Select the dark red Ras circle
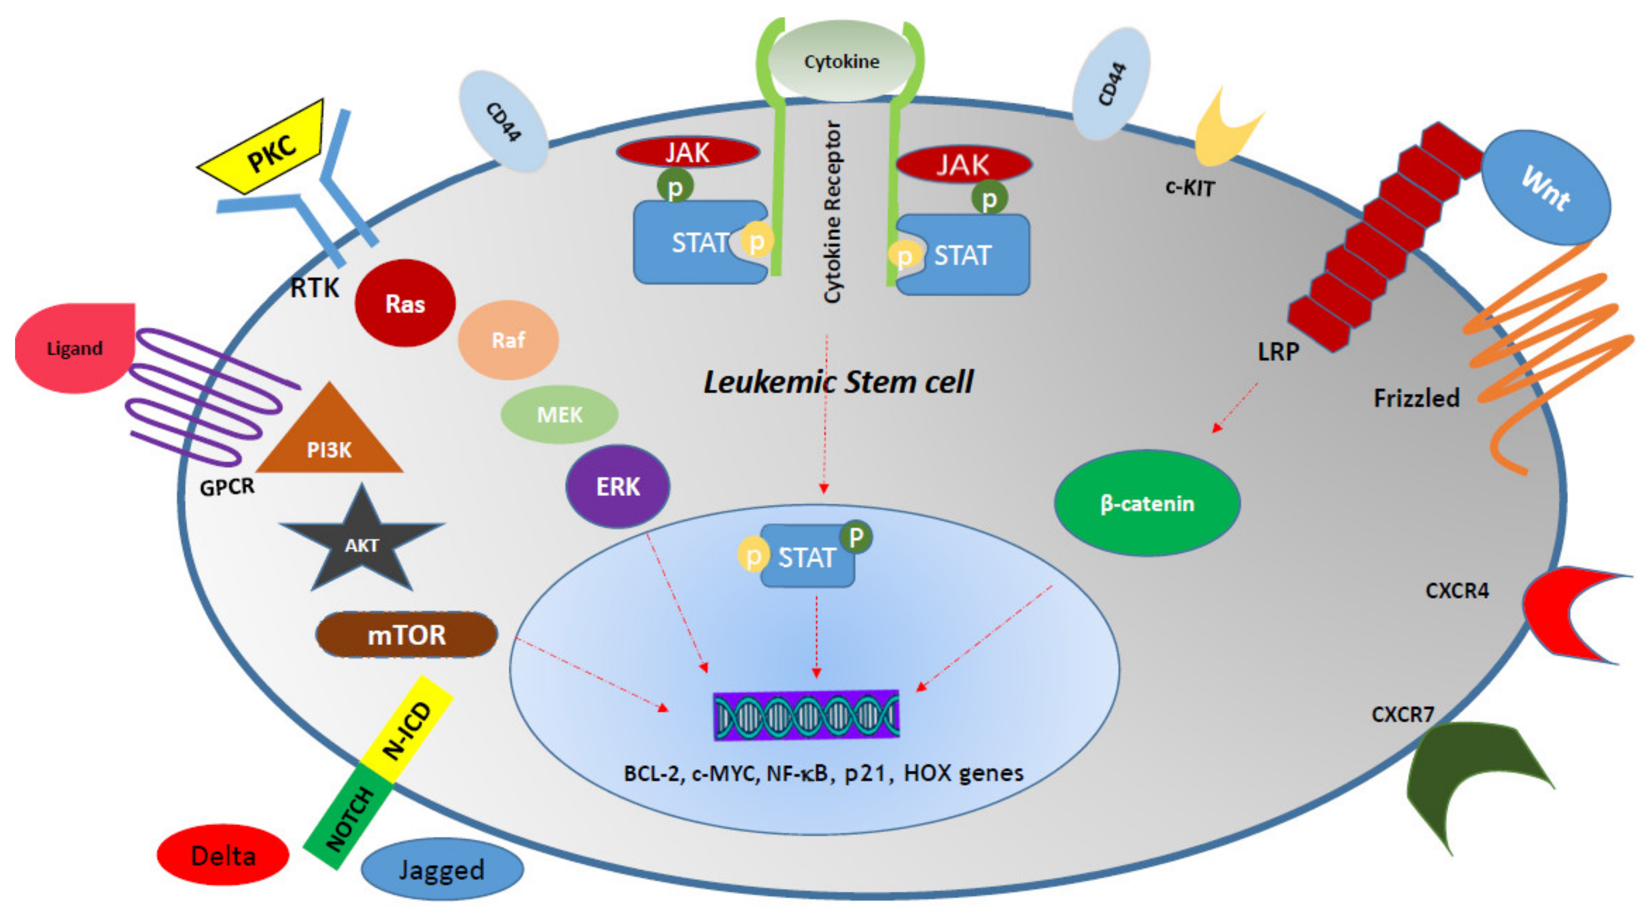click(405, 303)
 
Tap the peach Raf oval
click(508, 340)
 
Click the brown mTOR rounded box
click(406, 634)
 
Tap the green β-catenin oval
click(1147, 503)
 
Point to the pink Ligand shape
click(74, 348)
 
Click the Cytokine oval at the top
click(841, 61)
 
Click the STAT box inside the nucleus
click(806, 556)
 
